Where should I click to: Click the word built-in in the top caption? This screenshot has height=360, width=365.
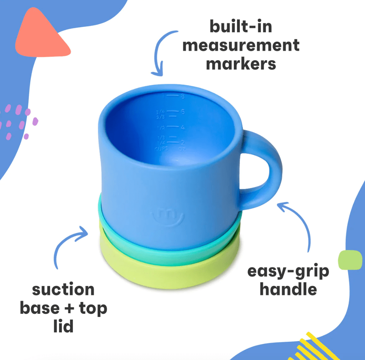[241, 27]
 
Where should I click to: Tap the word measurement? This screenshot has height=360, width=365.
[241, 45]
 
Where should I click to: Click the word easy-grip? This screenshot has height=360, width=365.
[288, 272]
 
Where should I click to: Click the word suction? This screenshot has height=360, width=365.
[63, 290]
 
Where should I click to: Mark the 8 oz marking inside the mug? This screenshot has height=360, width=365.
[182, 96]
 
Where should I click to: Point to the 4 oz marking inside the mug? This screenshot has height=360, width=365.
[182, 127]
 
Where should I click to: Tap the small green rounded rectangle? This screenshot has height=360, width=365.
[350, 260]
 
